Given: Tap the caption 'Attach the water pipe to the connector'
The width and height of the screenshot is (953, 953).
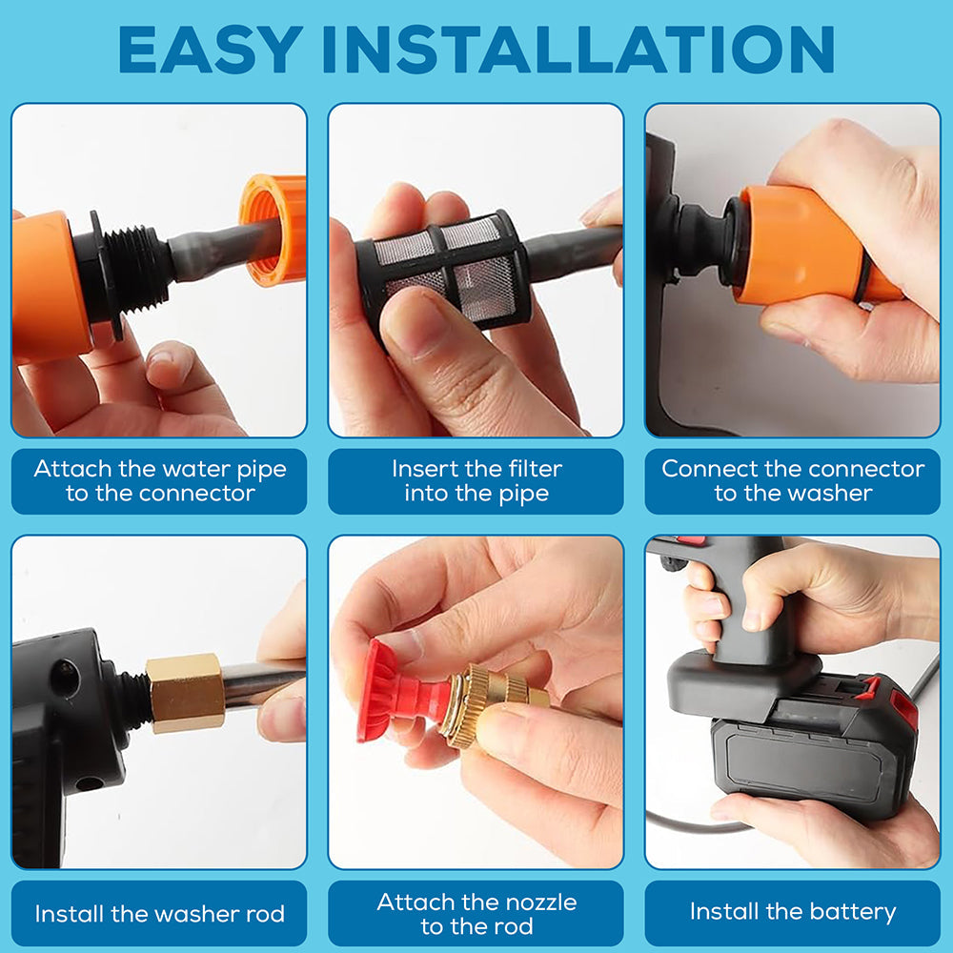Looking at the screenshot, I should click(159, 481).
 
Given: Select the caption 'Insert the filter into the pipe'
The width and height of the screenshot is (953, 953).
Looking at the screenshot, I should click(476, 481).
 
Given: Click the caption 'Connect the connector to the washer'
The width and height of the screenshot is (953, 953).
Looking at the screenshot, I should click(793, 481).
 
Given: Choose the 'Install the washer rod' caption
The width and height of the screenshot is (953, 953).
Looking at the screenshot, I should click(159, 914).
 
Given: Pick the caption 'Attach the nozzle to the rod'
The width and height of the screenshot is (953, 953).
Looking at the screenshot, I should click(476, 914).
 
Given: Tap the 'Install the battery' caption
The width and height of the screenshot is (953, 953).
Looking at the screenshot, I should click(793, 912).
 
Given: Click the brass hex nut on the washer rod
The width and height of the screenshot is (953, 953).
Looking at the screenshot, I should click(187, 692).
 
